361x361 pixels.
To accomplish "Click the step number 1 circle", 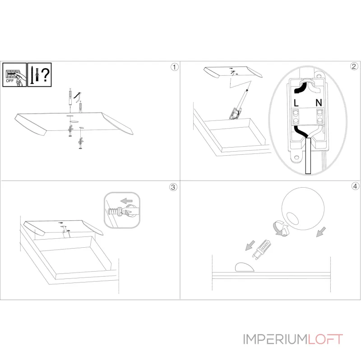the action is [x=175, y=67].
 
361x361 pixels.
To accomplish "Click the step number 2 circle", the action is [x=354, y=66].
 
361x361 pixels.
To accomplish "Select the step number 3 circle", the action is [x=173, y=187].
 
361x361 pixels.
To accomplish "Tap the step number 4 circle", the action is [x=355, y=186].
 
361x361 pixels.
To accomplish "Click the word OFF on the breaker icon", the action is [x=10, y=81].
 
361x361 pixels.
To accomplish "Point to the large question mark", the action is [x=46, y=74].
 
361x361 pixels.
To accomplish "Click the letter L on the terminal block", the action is [x=296, y=103].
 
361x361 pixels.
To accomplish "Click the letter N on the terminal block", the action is [x=319, y=102].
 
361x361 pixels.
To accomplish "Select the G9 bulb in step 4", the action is [x=262, y=250].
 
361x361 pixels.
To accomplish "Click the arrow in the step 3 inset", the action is [x=126, y=201].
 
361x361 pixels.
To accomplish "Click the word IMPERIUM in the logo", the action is [x=275, y=339].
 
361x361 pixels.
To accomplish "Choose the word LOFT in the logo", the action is [x=325, y=339].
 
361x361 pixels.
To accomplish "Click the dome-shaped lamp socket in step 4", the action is [x=245, y=267].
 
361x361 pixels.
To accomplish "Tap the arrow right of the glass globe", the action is [x=321, y=232].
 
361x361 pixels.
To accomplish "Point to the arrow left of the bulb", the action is [x=250, y=245].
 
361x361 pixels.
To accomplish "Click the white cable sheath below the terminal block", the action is [x=308, y=156].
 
